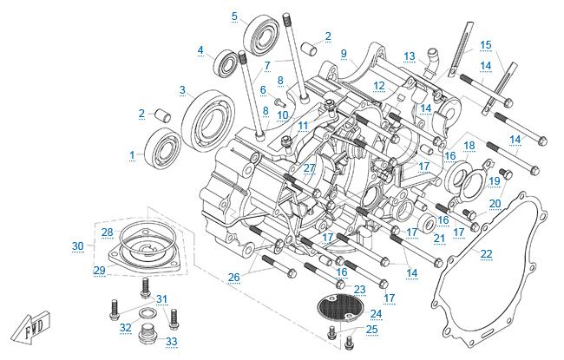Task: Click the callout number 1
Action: pyautogui.click(x=133, y=155)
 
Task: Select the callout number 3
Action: pyautogui.click(x=183, y=89)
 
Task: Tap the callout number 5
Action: pyautogui.click(x=234, y=16)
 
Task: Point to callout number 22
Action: pyautogui.click(x=486, y=253)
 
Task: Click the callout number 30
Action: pyautogui.click(x=78, y=246)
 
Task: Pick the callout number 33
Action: pyautogui.click(x=172, y=341)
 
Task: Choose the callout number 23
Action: pyautogui.click(x=360, y=289)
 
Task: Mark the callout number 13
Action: pyautogui.click(x=409, y=56)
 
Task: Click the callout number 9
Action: pyautogui.click(x=344, y=54)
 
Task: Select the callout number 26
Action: pyautogui.click(x=233, y=278)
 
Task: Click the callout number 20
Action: pyautogui.click(x=495, y=204)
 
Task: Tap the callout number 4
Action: pyautogui.click(x=200, y=50)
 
